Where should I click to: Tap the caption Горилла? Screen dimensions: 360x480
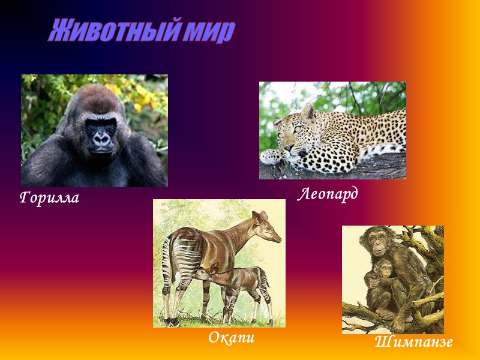tap(49, 197)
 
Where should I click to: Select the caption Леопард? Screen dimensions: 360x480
tap(328, 194)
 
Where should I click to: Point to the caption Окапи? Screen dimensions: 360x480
tap(232, 337)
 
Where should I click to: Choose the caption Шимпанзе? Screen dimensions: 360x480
tap(413, 342)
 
